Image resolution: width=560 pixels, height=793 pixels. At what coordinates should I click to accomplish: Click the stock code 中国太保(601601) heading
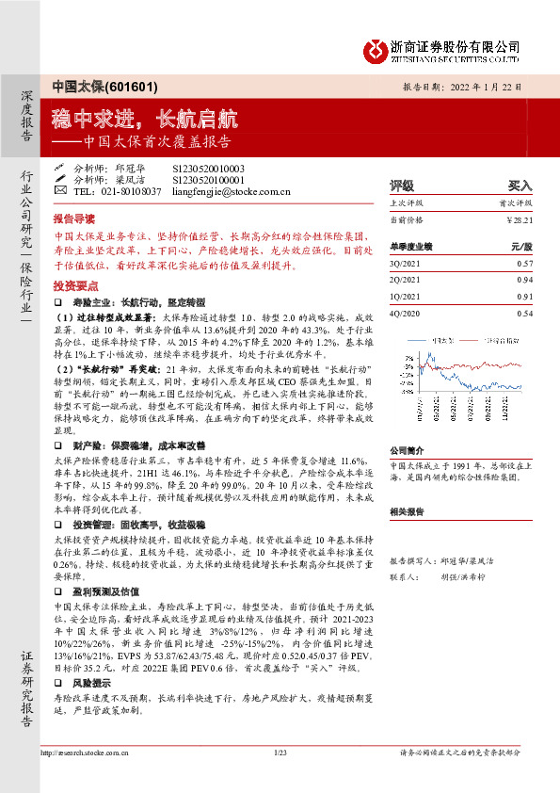click(x=91, y=86)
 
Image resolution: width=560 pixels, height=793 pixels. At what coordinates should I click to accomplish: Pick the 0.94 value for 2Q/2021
click(x=525, y=280)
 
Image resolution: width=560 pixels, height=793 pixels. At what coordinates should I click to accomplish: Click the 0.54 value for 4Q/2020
click(x=525, y=312)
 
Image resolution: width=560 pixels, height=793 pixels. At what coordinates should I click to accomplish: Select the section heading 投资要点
click(x=74, y=283)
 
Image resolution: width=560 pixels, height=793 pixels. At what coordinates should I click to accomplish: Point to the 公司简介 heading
click(x=408, y=450)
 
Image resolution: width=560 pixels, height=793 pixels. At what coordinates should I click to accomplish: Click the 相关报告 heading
click(x=408, y=512)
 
